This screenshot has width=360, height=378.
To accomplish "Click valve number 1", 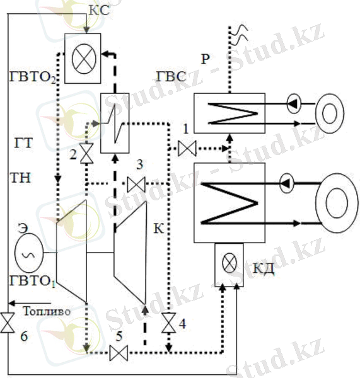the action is [187, 149].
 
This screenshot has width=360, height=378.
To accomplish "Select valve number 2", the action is [86, 153].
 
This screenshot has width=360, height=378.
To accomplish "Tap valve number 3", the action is [136, 184].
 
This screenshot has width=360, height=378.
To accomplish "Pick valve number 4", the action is [169, 323].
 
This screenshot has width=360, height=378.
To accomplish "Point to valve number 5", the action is [119, 353].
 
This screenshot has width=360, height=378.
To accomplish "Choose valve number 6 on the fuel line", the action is [8, 323].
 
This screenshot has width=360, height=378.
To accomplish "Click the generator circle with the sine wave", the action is [29, 253].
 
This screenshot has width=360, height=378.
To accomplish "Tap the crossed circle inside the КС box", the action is [84, 59].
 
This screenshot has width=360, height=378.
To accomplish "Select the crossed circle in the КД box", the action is [229, 263].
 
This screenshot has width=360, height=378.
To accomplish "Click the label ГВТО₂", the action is [33, 77].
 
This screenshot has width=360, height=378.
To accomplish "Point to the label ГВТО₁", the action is [33, 281].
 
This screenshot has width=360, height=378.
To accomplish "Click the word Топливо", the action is [47, 311].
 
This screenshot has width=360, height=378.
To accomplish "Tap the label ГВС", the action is [171, 77].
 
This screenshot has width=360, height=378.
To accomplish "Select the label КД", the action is [264, 268].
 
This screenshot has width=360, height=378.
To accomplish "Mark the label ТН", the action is [21, 178].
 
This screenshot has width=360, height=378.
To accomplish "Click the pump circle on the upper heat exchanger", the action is [294, 103].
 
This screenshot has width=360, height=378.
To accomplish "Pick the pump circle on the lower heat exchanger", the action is [286, 183].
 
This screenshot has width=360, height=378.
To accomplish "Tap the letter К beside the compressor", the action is [159, 228].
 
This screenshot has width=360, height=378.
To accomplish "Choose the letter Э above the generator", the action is [23, 228].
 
